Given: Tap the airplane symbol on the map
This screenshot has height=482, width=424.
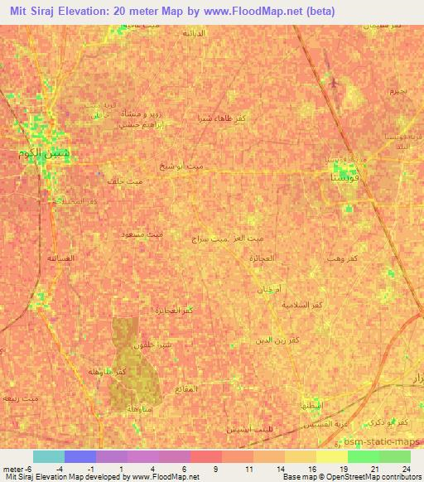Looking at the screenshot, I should click(x=333, y=83).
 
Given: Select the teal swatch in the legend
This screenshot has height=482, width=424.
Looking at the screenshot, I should click(x=49, y=456).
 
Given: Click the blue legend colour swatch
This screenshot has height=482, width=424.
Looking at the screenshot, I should click(x=80, y=456).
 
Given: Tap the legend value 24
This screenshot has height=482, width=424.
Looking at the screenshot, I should click(x=406, y=468).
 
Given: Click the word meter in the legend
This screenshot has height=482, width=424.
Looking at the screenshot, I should click(x=14, y=468).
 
